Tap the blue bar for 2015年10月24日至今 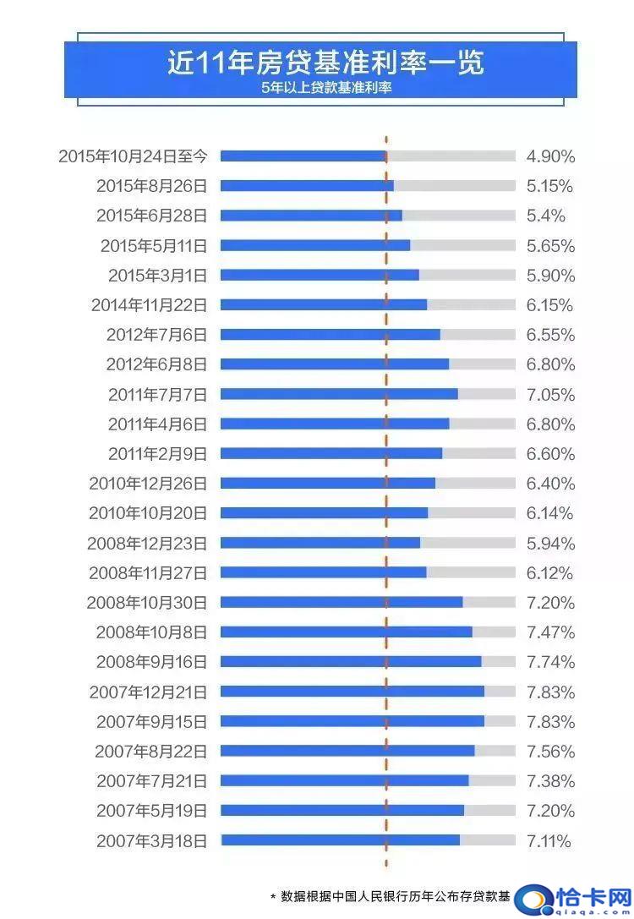click(303, 156)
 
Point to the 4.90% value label click(550, 156)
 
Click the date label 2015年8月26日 click(151, 186)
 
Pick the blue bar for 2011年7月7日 click(338, 394)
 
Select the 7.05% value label click(550, 395)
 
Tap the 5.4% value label click(545, 216)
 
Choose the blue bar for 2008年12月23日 click(320, 543)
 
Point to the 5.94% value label click(550, 543)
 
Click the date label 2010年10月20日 click(148, 513)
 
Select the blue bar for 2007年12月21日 click(352, 692)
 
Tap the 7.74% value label click(550, 662)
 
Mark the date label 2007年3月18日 click(151, 840)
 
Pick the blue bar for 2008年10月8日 click(346, 632)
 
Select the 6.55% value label click(550, 335)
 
